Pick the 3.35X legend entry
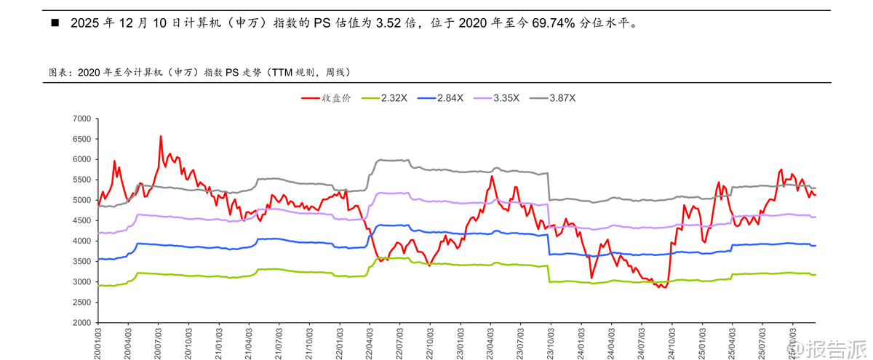click(506, 97)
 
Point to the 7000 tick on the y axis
click(80, 119)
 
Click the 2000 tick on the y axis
click(80, 322)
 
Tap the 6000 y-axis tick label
click(80, 159)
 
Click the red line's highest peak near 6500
click(161, 136)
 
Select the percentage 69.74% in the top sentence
click(556, 23)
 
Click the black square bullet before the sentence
click(54, 23)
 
